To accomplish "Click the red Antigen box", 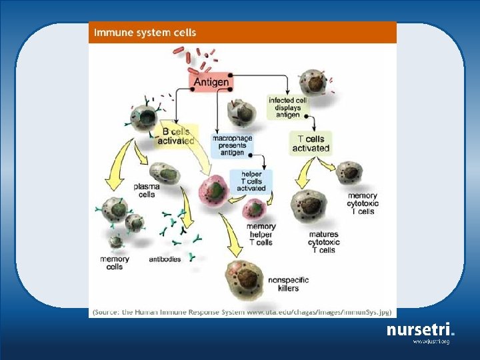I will (211, 83).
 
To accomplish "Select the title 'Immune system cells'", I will (145, 32).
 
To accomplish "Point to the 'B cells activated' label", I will (176, 136).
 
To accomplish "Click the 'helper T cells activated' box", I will (251, 180).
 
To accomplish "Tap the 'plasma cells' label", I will (147, 191).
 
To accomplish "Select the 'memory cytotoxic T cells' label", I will (363, 204).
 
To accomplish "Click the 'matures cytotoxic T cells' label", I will (323, 242).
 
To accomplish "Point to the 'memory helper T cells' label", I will (261, 235).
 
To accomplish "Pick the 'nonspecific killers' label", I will (285, 283).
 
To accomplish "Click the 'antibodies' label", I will (165, 259).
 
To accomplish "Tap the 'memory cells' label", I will (115, 263).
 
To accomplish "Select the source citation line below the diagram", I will (242, 312).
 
